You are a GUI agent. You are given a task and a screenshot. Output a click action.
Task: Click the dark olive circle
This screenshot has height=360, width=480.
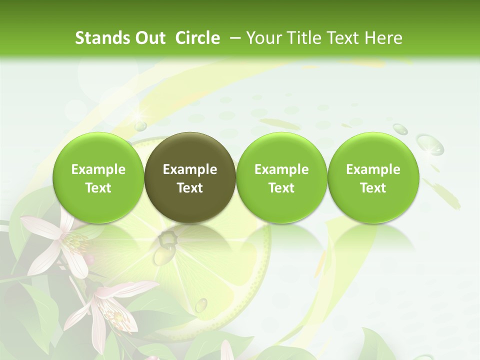point(190,177)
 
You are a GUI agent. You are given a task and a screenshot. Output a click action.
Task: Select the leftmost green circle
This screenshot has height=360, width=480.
point(98,177)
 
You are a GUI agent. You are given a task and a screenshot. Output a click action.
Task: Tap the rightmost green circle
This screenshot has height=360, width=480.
point(373,177)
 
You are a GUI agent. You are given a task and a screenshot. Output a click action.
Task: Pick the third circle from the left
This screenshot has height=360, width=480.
point(281,177)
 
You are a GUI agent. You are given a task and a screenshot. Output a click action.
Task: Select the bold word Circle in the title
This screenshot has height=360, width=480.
point(197,38)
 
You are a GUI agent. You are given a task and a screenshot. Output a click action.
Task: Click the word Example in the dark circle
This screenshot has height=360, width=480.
point(190,169)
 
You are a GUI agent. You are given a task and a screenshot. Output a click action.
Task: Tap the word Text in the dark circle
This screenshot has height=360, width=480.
point(190,188)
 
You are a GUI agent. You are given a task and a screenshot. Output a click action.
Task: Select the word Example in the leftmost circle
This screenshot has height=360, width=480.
point(98,169)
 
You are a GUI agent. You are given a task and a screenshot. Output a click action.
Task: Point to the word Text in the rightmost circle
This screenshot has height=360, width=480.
point(373,188)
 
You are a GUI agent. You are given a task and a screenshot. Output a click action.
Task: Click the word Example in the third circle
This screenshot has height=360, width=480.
point(281,169)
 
